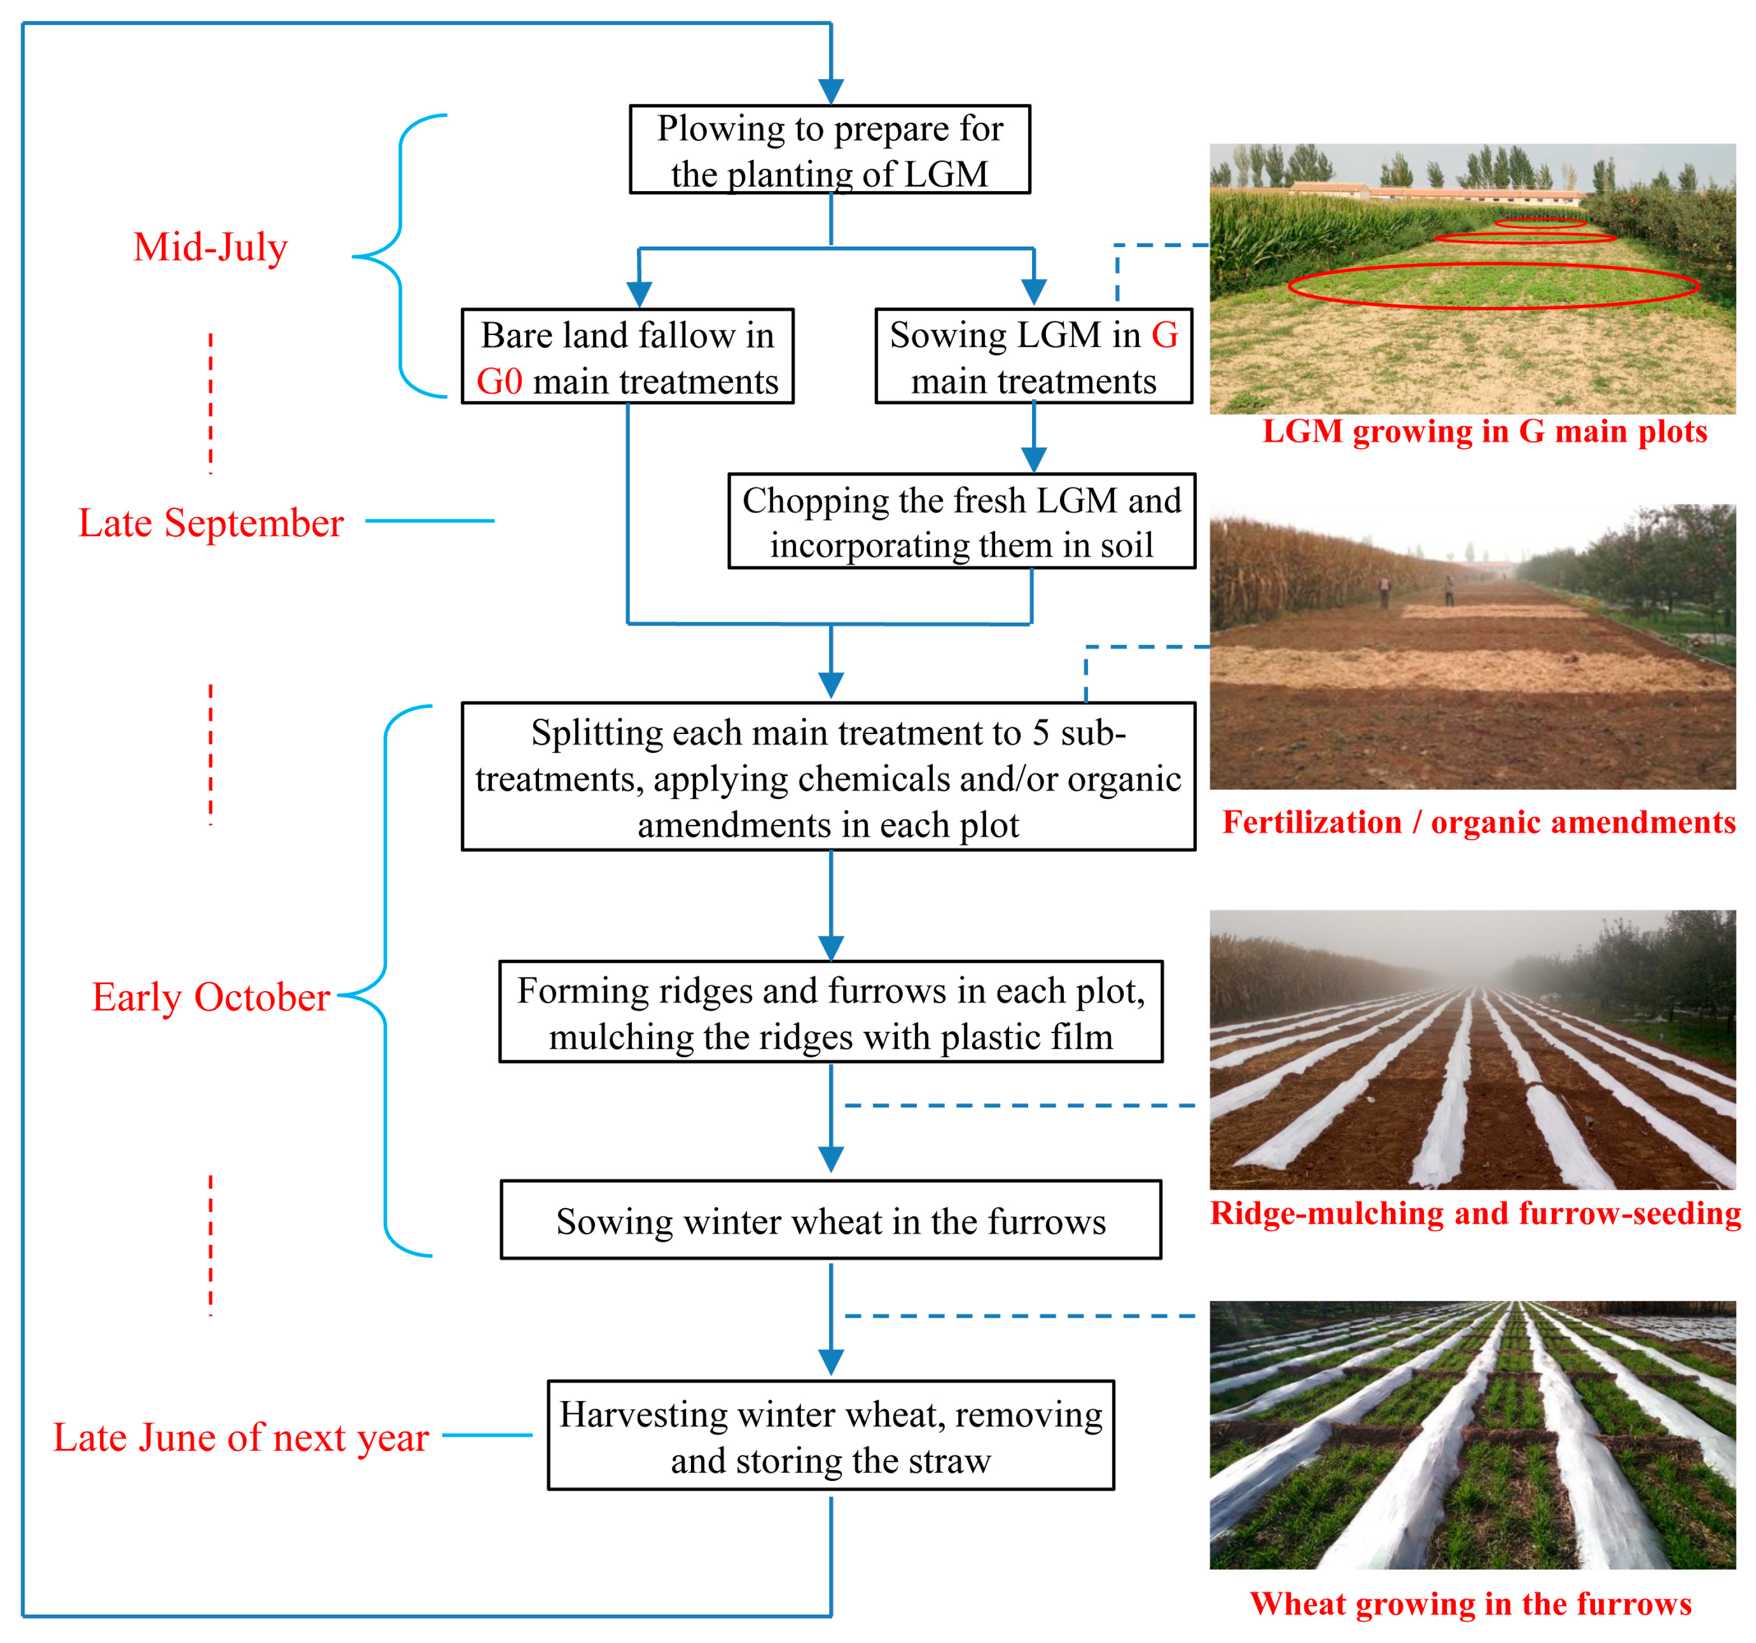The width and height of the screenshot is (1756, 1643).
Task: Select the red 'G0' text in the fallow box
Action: (x=499, y=382)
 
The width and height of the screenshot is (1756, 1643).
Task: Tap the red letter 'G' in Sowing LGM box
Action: (x=1164, y=335)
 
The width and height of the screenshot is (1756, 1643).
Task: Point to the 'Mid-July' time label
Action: (x=210, y=247)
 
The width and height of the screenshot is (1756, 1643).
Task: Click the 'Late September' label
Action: (x=210, y=523)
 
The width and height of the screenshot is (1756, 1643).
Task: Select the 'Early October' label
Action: (x=210, y=997)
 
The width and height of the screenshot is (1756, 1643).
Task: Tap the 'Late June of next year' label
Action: (x=240, y=1437)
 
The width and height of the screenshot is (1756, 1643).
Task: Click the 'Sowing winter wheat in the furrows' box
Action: (x=830, y=1221)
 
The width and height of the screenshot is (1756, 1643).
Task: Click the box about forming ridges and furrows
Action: (x=830, y=1012)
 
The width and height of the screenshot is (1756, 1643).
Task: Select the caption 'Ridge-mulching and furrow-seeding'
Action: (x=1475, y=1214)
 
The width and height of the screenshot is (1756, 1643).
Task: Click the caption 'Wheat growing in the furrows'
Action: (x=1471, y=1603)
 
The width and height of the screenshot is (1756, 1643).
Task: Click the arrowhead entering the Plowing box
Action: (x=830, y=91)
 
